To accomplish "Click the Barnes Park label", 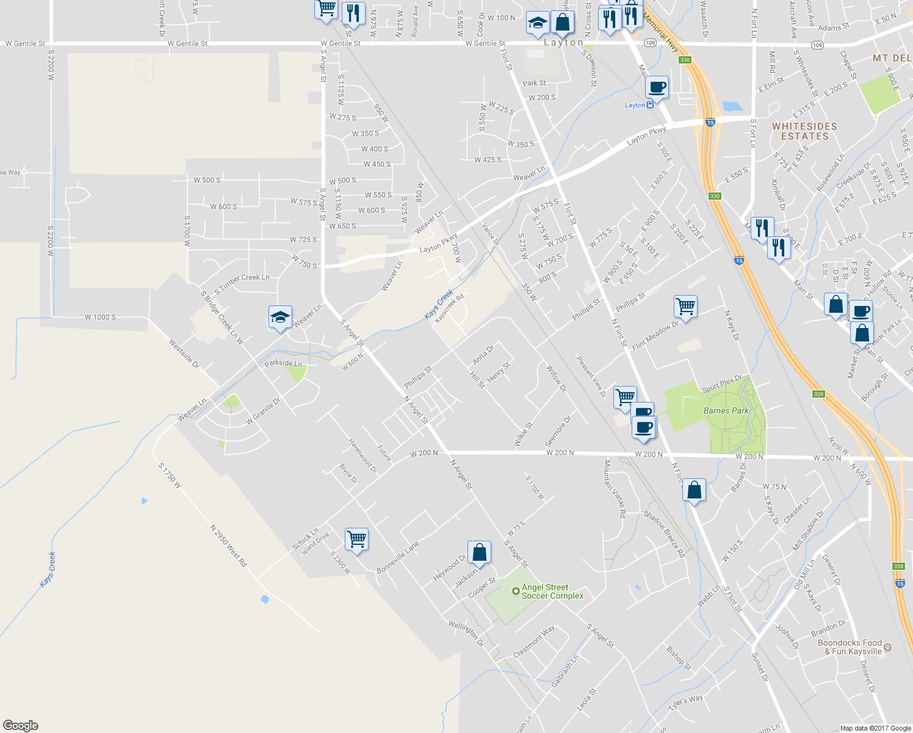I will point(726,410).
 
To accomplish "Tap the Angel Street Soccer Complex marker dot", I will point(516,591).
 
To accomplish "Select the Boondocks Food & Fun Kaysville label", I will point(850,647).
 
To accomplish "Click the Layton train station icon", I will point(650,105).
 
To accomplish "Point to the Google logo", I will point(20,726).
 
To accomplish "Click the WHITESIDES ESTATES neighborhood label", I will point(804,131).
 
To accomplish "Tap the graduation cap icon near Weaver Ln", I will point(280,317).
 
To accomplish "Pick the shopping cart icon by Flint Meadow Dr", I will point(685,307).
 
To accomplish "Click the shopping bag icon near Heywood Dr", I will point(480,552).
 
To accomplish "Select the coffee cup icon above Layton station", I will point(657,87).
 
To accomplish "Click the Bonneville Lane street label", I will point(398,557).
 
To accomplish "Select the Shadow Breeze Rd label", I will point(665,534).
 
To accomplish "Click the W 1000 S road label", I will point(100,317).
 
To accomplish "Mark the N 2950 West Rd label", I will point(228,545).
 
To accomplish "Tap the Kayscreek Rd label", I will point(449,309).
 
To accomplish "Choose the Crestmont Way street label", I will point(534,641).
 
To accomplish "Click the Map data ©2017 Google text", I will point(875,728).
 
